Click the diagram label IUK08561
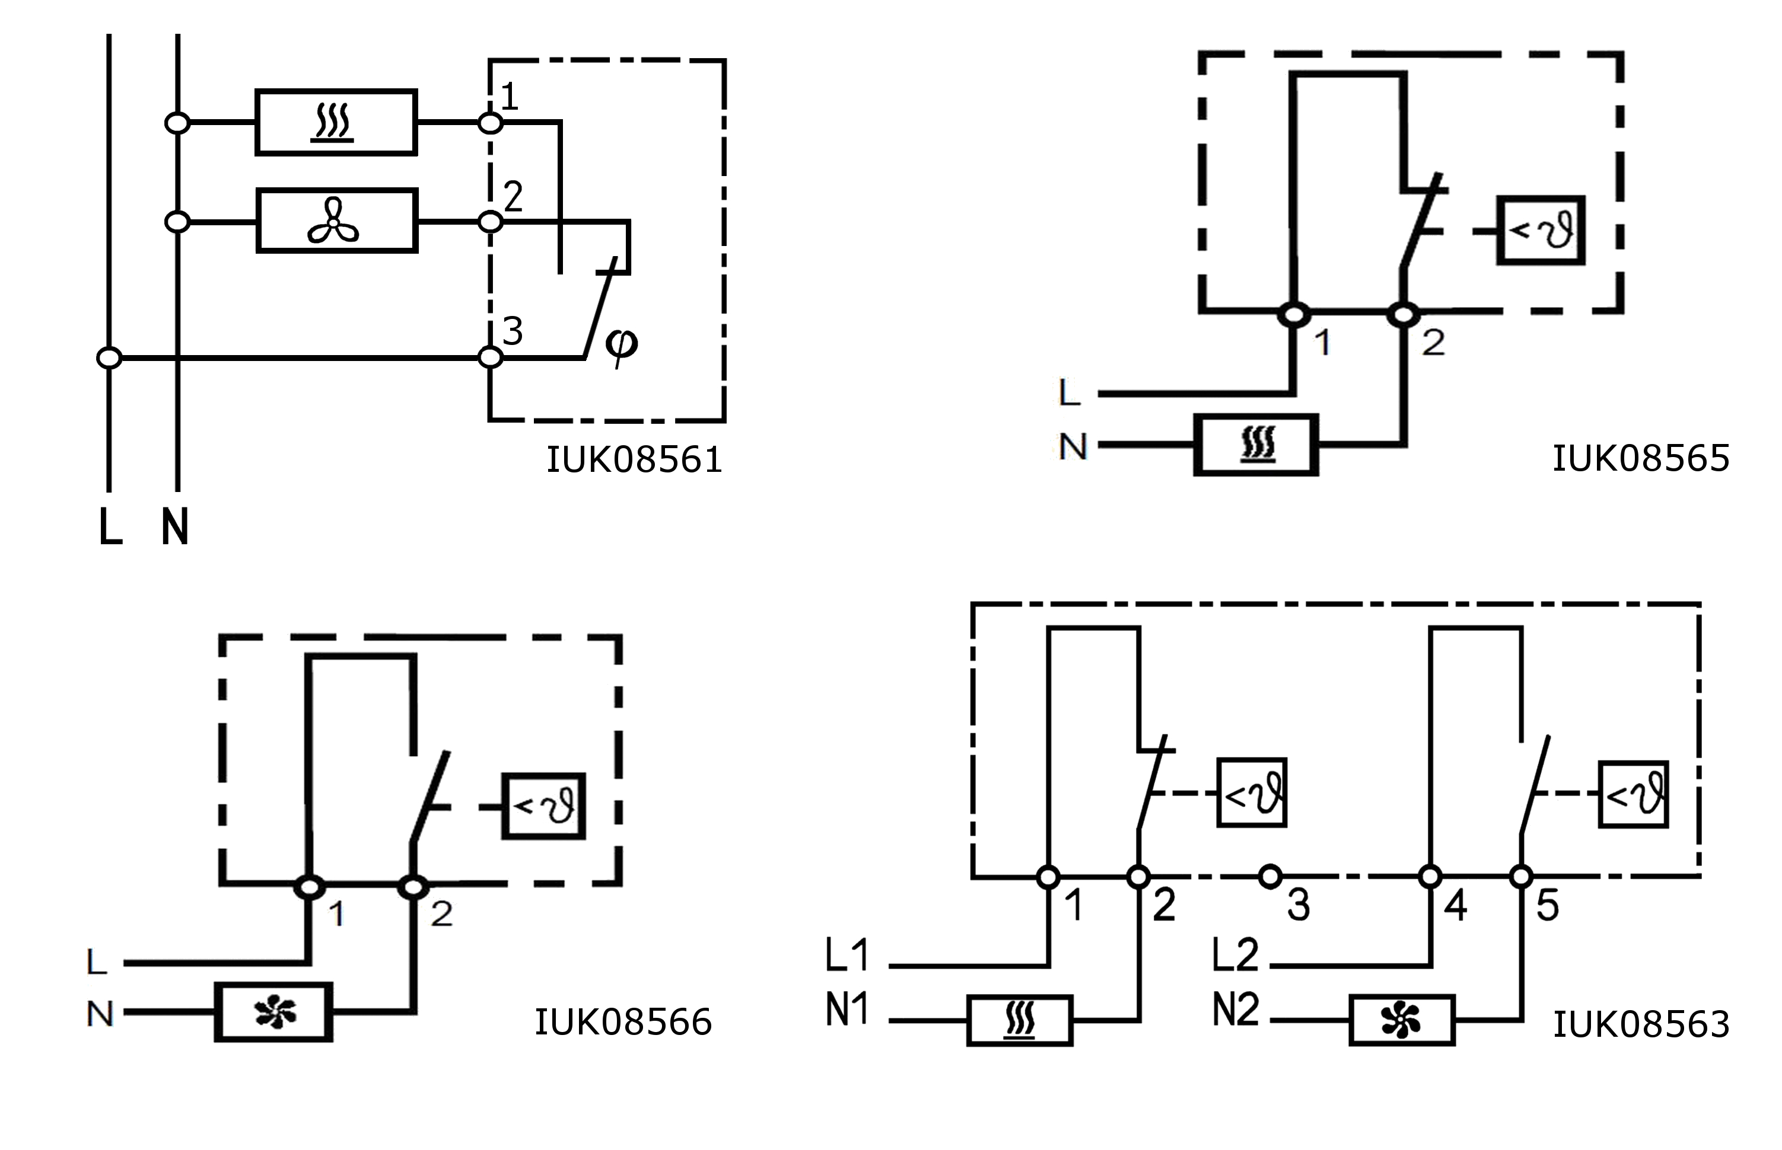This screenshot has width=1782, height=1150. click(x=634, y=459)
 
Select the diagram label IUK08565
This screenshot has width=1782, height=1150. click(x=1641, y=458)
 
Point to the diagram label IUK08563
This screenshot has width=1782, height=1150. click(x=1641, y=1024)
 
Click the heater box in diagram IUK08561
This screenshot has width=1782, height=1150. click(x=336, y=123)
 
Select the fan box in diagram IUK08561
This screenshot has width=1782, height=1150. click(x=337, y=221)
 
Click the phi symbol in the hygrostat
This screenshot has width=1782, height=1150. click(x=621, y=345)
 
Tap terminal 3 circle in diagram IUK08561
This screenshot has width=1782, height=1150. click(x=490, y=357)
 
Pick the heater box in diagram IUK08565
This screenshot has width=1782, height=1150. click(x=1256, y=445)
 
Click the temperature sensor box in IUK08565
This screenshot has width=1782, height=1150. click(x=1541, y=230)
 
